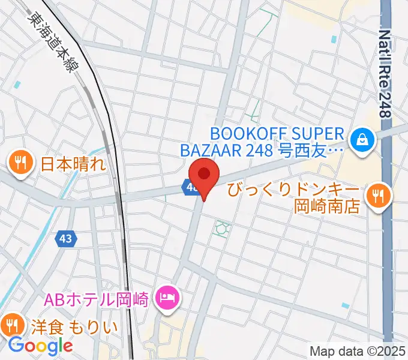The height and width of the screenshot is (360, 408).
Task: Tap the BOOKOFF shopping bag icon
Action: point(363,140)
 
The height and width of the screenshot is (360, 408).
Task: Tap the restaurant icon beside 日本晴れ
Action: point(20,163)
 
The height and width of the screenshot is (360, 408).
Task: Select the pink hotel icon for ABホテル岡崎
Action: point(166,297)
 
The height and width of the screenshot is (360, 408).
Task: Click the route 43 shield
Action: point(66,239)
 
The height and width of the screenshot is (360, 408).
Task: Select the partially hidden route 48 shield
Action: point(190,188)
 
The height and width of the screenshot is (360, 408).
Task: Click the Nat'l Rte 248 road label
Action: point(385,72)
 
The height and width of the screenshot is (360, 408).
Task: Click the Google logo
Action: point(40,345)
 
